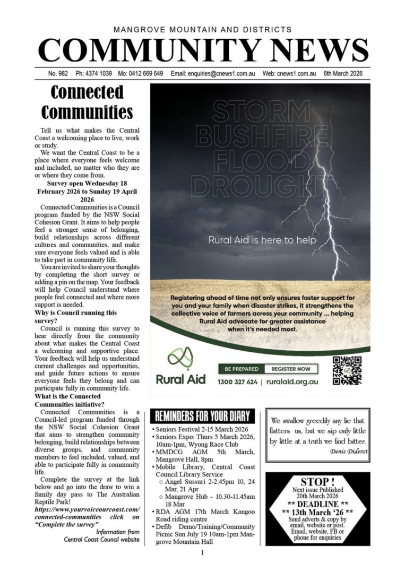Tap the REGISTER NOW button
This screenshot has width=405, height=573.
[x=291, y=369]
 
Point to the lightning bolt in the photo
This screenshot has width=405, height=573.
[x=329, y=212]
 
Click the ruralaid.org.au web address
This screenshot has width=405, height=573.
[x=291, y=381]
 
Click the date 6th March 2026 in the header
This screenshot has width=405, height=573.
[x=343, y=74]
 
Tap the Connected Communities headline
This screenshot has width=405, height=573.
[x=87, y=102]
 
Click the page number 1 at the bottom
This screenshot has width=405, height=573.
[x=202, y=553]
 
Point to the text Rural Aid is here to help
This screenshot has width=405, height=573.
[x=262, y=240]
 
